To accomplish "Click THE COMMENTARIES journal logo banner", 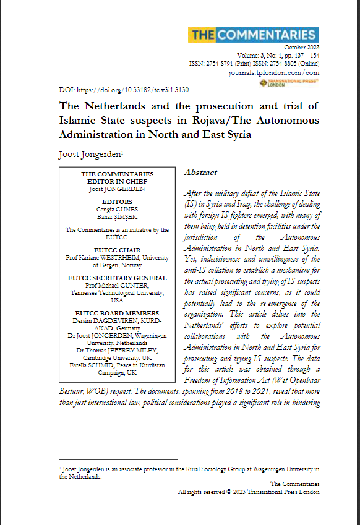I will coord(254,35).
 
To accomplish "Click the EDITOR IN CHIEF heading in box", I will coord(117,181).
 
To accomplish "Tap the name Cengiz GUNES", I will coord(117,209).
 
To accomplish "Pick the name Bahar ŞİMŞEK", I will coord(117,216).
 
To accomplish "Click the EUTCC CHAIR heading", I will coord(117,250).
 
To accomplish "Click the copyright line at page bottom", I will coord(249,492).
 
